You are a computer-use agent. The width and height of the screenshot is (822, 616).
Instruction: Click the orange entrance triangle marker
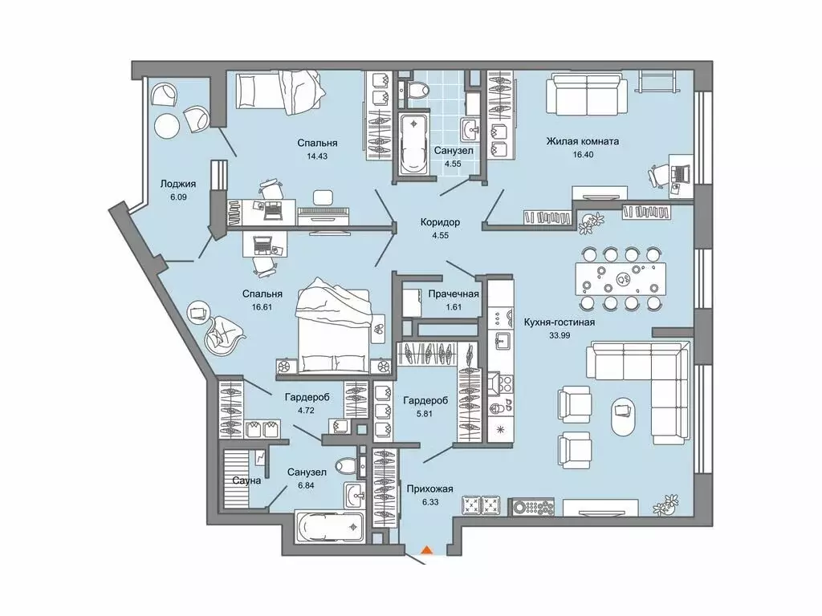(428, 550)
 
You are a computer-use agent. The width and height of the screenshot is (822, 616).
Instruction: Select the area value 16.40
(582, 158)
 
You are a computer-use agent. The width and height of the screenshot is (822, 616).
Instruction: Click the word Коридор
(440, 222)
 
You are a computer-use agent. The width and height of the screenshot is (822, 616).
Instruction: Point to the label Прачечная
(454, 294)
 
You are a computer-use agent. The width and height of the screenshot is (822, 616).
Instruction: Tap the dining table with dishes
(620, 278)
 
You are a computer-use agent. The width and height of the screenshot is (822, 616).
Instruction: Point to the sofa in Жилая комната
(588, 95)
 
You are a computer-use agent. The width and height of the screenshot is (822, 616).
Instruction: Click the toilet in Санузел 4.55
(414, 92)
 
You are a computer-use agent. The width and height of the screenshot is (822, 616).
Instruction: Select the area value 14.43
(316, 158)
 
